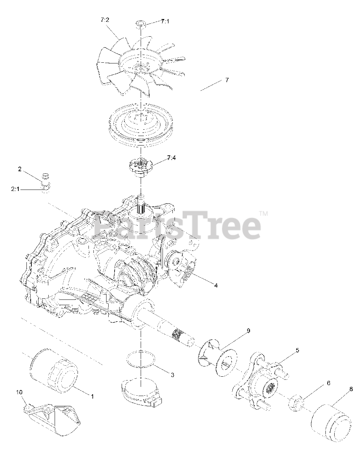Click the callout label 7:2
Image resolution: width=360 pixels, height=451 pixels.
point(105,20)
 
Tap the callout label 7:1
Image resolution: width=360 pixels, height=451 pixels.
point(165,21)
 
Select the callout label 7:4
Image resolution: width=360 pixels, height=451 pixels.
point(171,158)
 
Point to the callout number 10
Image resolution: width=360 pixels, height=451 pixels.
point(19,392)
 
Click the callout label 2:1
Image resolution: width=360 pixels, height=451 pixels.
point(15,189)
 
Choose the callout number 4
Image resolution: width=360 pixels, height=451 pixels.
point(216,285)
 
